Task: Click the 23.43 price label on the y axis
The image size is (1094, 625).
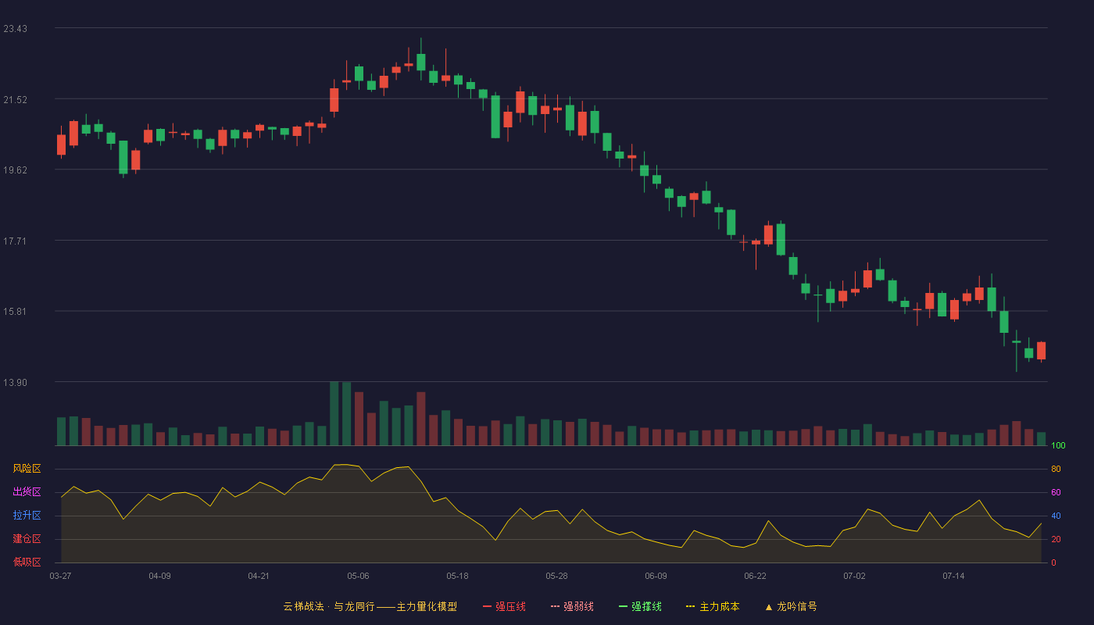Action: point(15,29)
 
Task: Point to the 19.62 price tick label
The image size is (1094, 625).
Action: point(15,170)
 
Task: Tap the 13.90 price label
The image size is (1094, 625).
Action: point(15,382)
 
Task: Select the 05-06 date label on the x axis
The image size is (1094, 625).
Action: point(358,577)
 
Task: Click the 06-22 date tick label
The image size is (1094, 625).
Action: point(755,577)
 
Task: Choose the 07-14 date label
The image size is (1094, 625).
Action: point(953,577)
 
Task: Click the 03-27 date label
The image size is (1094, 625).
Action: point(61,577)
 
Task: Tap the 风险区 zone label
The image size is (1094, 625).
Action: point(27,469)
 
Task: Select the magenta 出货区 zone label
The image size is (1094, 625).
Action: point(27,491)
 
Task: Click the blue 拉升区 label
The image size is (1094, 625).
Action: point(27,515)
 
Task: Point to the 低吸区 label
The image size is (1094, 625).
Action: point(27,562)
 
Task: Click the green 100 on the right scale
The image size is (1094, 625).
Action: point(1058,445)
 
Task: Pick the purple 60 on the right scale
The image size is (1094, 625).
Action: point(1056,492)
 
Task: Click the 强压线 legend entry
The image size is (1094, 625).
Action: point(504,606)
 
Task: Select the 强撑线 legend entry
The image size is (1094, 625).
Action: point(640,606)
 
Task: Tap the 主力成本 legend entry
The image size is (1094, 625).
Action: point(713,606)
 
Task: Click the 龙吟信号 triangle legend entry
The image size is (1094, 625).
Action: point(791,606)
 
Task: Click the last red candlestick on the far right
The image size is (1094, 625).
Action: point(1041,351)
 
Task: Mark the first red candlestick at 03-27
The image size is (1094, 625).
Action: point(62,145)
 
